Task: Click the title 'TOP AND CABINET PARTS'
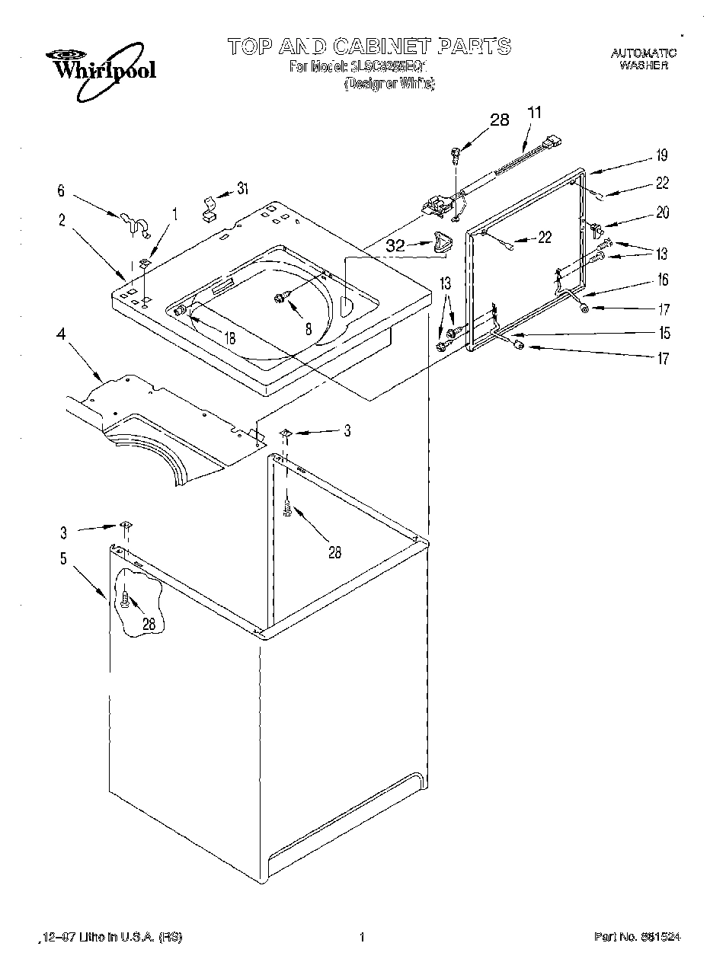[369, 46]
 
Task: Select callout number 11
[535, 112]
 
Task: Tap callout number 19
[661, 155]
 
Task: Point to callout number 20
[662, 213]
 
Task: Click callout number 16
[662, 280]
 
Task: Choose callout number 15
[664, 333]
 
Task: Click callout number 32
[395, 246]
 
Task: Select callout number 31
[243, 189]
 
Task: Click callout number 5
[63, 558]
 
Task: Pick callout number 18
[229, 338]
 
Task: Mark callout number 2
[62, 221]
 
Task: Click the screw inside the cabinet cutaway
[126, 601]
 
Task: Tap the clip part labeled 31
[207, 208]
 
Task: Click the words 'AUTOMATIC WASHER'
[643, 59]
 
